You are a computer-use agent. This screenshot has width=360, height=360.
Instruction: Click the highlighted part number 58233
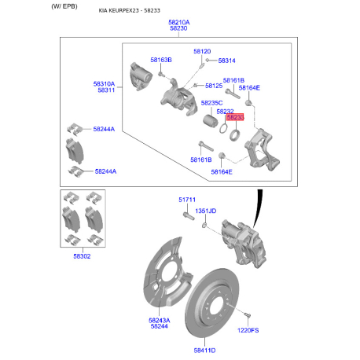[235, 117]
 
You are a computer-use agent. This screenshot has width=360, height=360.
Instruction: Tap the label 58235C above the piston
[211, 103]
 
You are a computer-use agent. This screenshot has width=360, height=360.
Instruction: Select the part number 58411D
[204, 351]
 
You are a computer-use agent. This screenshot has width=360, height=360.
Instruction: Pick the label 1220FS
[248, 330]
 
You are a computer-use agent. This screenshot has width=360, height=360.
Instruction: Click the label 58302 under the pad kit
[82, 256]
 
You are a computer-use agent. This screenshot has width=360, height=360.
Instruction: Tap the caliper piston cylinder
[210, 121]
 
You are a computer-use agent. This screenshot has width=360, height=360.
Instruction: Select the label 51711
[187, 200]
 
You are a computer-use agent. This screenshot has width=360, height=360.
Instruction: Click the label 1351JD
[206, 211]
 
